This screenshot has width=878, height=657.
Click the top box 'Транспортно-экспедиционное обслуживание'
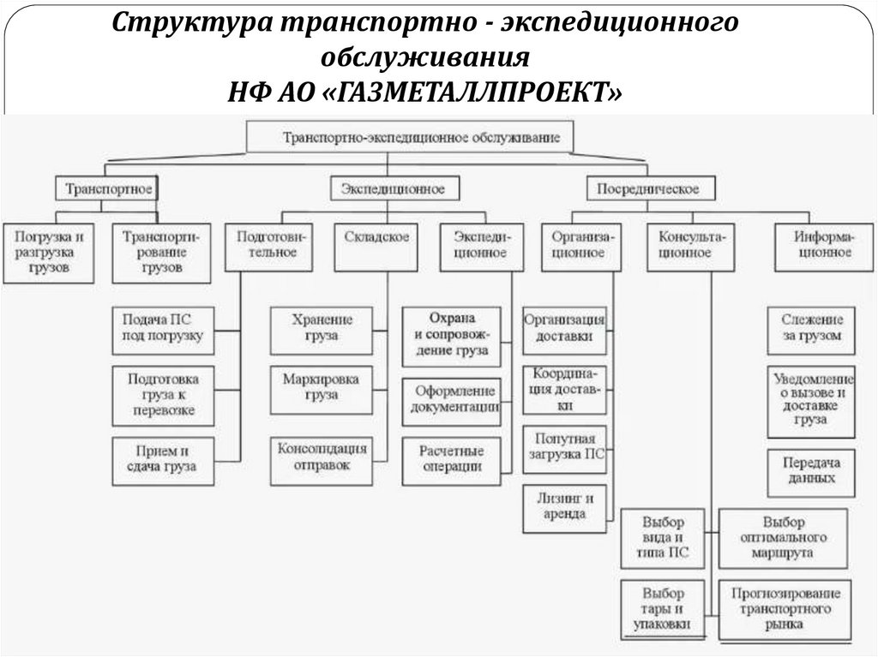tap(410, 137)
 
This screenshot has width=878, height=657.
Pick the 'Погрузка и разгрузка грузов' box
tap(50, 252)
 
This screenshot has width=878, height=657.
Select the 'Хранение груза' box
tap(310, 328)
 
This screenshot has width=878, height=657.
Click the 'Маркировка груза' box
tap(310, 387)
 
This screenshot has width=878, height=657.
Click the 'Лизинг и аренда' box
tap(564, 506)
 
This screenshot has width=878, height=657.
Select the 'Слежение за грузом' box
tap(811, 328)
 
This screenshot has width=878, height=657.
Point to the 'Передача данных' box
tap(810, 469)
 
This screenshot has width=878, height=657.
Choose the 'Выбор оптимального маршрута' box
tap(783, 537)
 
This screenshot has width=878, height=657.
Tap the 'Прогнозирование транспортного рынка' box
tap(783, 608)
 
